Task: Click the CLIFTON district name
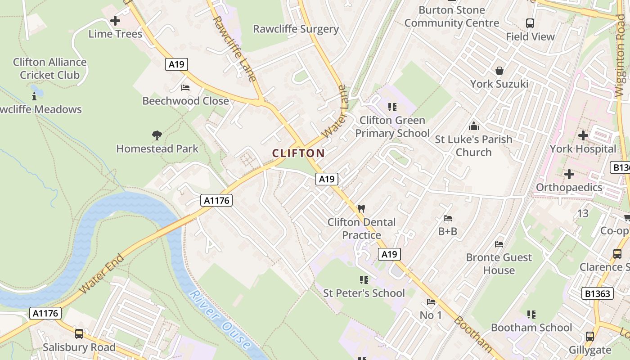coord(298,153)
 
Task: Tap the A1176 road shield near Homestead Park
coord(216,200)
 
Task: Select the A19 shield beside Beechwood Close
coord(176,64)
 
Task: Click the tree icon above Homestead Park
coord(157,135)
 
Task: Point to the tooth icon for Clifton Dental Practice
coord(361,208)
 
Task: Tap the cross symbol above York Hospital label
coord(583,135)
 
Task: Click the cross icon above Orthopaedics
coord(569,174)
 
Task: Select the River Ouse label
coord(220,320)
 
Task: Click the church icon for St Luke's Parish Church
coord(473,126)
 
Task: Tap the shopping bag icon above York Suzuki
coord(499,71)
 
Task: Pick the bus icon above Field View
coord(530,23)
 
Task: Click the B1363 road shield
coord(598,294)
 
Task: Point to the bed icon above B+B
coord(448,218)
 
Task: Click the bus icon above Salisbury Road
coord(79,334)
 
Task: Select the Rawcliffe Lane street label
coord(234,49)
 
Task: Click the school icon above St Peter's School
coord(364,280)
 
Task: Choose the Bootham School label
coord(531,328)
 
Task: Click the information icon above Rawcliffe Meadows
coord(34,96)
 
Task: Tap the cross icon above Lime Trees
coord(115,21)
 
